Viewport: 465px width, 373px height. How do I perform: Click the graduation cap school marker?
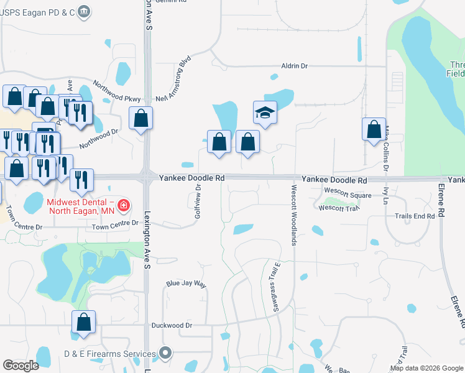(265, 113)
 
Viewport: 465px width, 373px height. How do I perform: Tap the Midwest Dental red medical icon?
(124, 205)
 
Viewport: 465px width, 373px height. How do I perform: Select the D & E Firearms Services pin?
(165, 354)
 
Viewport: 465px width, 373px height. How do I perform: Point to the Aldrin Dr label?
(295, 66)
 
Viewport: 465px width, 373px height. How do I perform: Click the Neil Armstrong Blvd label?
(173, 80)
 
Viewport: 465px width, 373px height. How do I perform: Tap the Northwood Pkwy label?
(117, 91)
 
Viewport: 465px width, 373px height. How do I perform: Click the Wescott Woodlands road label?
(292, 214)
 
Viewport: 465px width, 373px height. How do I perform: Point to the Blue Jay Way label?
(185, 283)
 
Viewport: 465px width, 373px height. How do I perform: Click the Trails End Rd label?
(415, 216)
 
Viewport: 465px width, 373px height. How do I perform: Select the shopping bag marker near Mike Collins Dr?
(374, 129)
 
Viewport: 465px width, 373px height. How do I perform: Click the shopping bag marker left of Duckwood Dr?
(83, 322)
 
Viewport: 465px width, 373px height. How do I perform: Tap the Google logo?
(21, 366)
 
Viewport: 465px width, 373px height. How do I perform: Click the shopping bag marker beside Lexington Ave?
(141, 117)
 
